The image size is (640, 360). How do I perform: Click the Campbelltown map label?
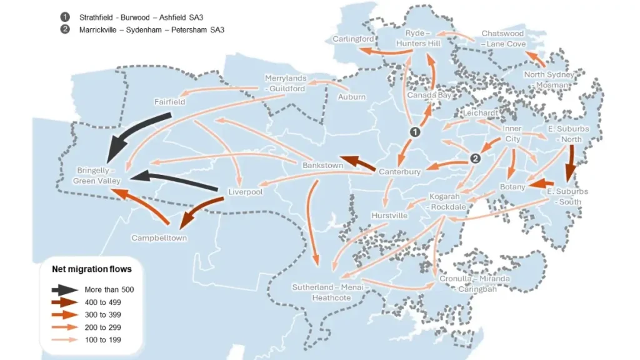[x=159, y=238]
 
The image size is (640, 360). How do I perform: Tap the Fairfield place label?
[x=169, y=101]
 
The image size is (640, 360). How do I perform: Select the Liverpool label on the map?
[x=245, y=192]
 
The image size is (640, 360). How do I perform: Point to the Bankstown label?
[x=322, y=166]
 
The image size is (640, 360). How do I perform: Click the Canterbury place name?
[x=400, y=171]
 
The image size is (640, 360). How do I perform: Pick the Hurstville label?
[x=389, y=216]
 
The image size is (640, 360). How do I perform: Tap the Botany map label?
[x=512, y=187]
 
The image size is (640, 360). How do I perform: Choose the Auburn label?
[x=352, y=97]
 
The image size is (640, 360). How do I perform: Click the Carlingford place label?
[x=354, y=39]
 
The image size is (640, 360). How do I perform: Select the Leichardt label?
[x=481, y=113]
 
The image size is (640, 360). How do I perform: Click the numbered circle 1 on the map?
[x=414, y=132]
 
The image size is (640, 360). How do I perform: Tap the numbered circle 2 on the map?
[x=475, y=159]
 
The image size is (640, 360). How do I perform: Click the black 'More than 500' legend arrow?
[x=64, y=290]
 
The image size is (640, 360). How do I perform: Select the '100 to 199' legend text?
[x=102, y=340]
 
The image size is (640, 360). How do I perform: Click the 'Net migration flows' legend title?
[x=91, y=269]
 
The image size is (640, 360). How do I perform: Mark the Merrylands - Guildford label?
[x=285, y=83]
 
